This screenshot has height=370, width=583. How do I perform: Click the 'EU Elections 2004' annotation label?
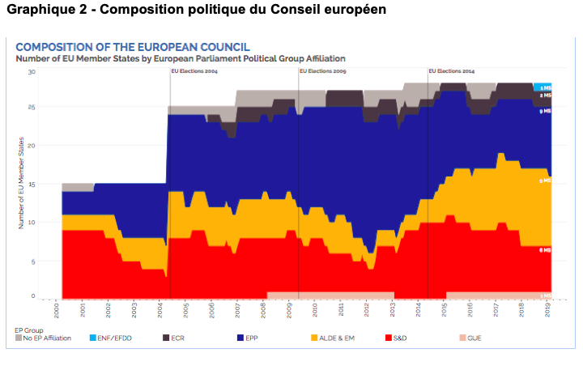point(194,71)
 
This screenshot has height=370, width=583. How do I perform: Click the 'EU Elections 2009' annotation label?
point(323,71)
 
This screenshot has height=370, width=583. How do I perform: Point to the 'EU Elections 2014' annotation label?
point(451,71)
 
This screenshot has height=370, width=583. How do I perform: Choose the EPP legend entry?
point(249,338)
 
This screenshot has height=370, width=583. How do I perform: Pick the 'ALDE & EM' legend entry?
point(336,338)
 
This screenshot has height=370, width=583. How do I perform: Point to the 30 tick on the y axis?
point(32,71)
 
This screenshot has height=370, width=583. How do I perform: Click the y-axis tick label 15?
point(32,185)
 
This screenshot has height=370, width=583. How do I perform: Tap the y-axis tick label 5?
point(33,260)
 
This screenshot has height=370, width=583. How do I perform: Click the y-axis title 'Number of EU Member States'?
point(21,183)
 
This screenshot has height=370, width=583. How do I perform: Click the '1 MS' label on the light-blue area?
point(546,87)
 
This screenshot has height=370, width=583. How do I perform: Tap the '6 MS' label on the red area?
point(546,250)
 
